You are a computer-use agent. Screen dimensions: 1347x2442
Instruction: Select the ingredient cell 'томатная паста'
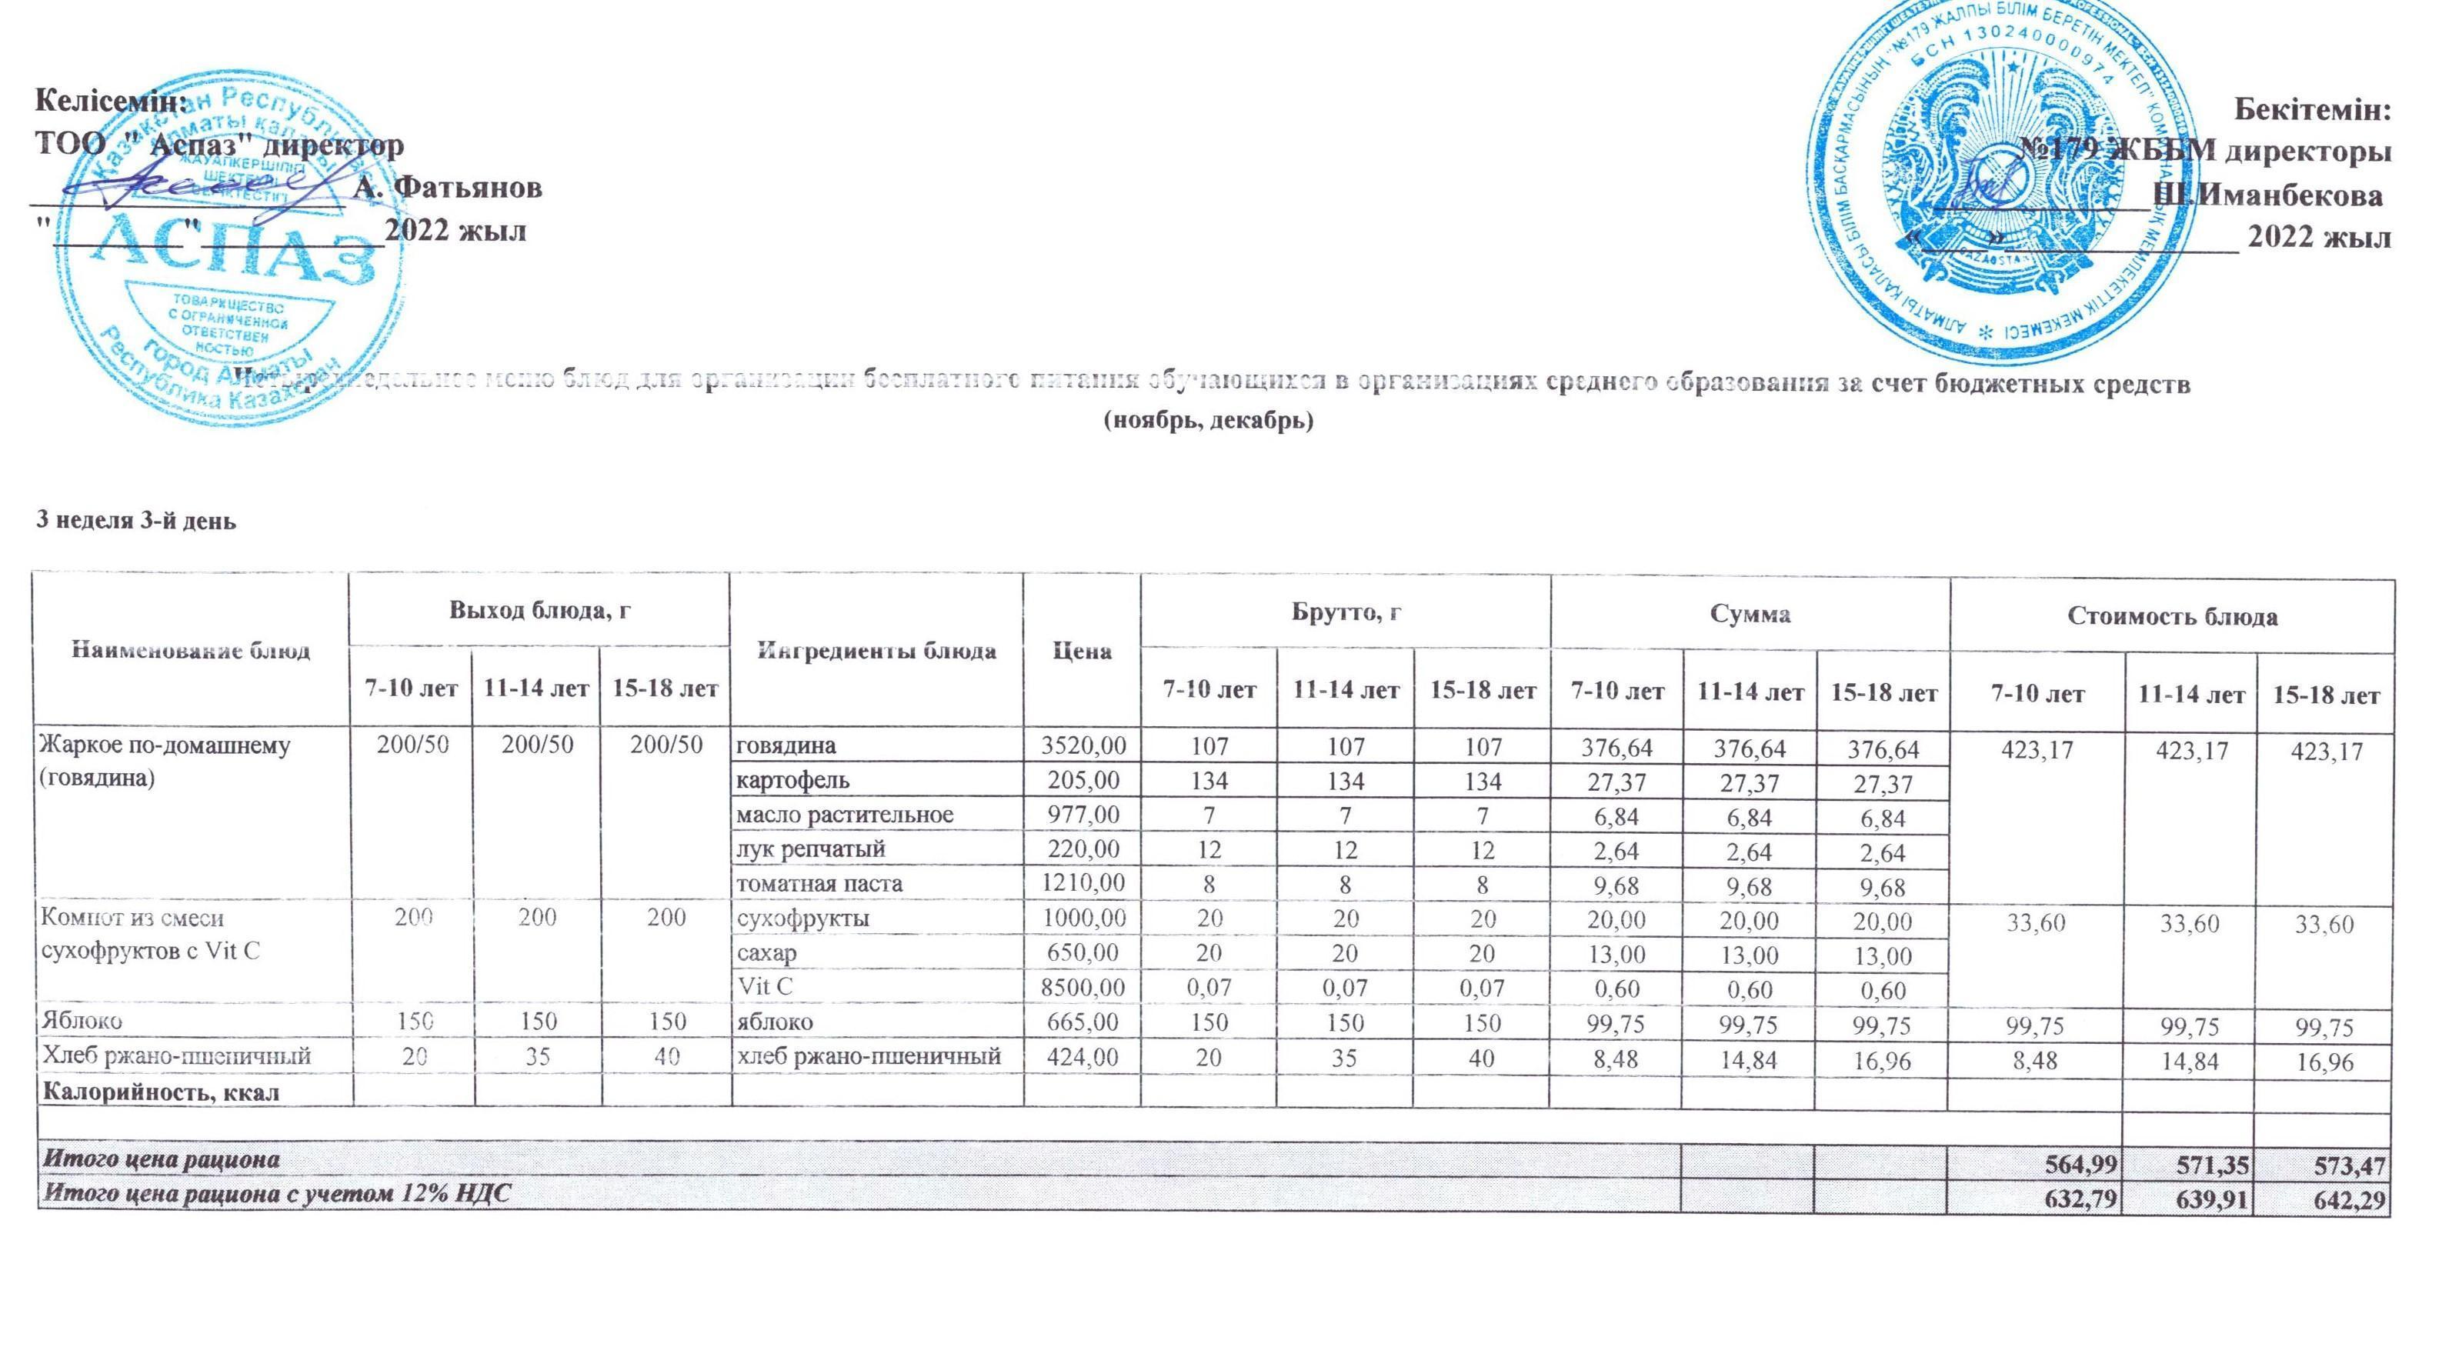point(819,883)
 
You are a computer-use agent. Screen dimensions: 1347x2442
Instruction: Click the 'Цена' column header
point(1082,652)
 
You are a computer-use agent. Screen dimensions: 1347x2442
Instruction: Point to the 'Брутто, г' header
point(1346,613)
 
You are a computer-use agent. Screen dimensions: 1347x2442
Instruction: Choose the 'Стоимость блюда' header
point(2171,617)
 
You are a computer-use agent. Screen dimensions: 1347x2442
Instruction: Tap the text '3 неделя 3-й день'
point(135,520)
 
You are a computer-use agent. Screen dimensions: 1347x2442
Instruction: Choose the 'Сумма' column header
point(1750,614)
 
